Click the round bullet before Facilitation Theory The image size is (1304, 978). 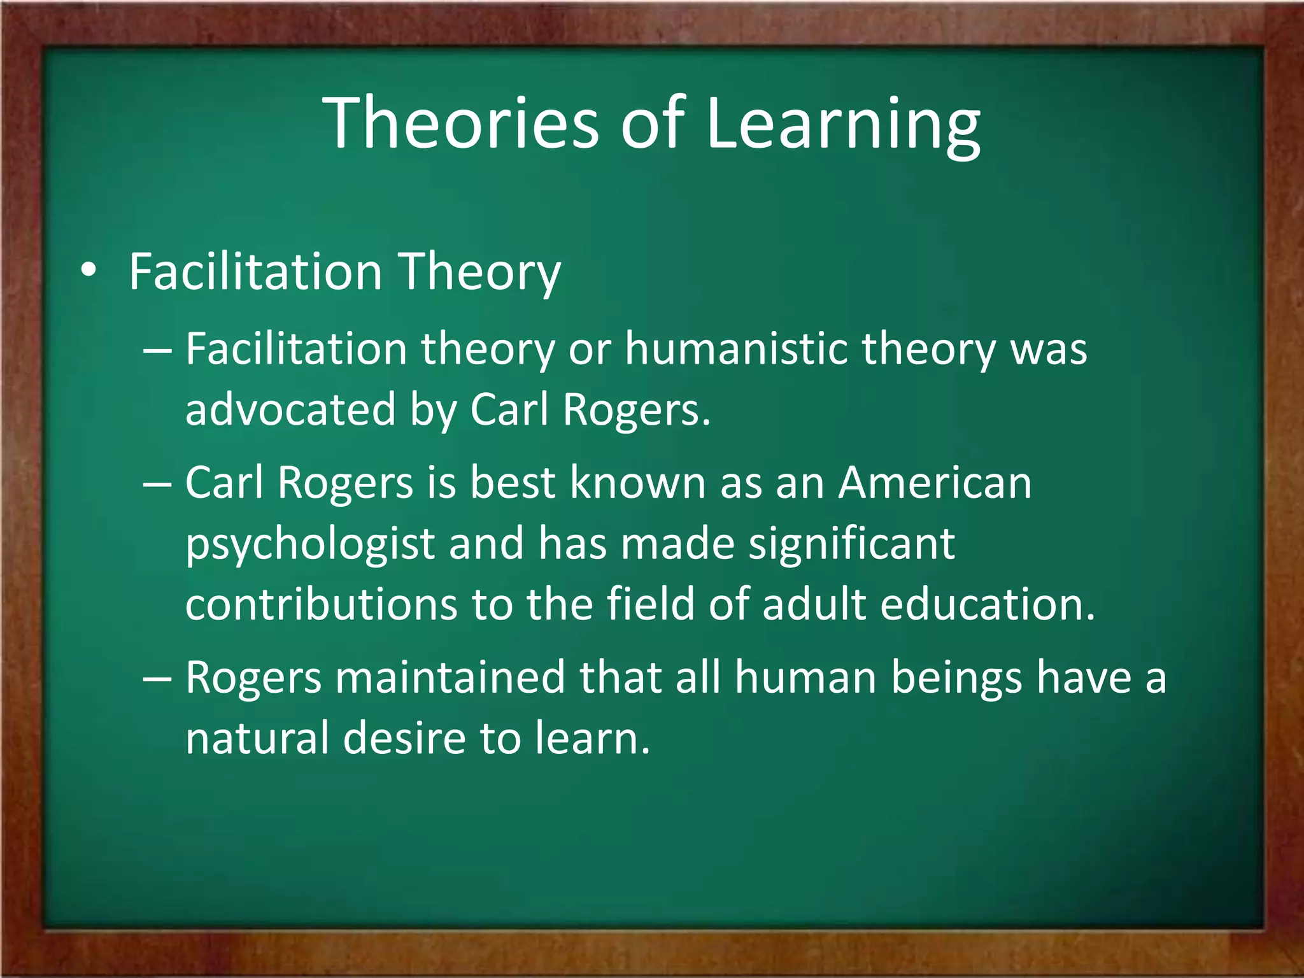point(89,271)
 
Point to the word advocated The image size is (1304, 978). point(290,409)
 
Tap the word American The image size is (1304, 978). point(935,482)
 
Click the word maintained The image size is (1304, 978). point(450,677)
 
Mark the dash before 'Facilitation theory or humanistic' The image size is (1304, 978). point(157,351)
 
